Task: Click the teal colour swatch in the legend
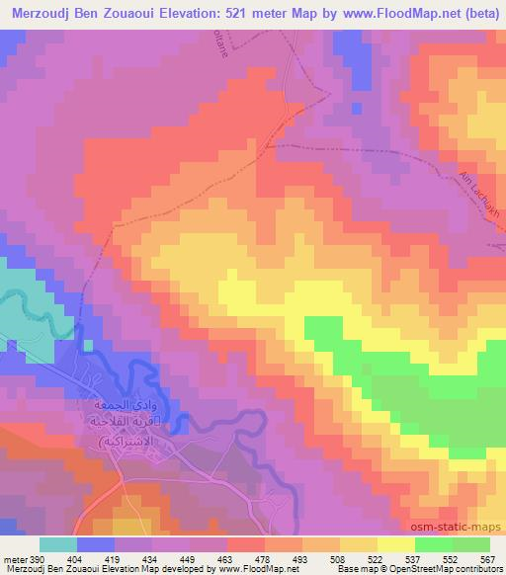(x=58, y=544)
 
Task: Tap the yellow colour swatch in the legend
(x=395, y=544)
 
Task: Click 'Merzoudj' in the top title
(x=44, y=13)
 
